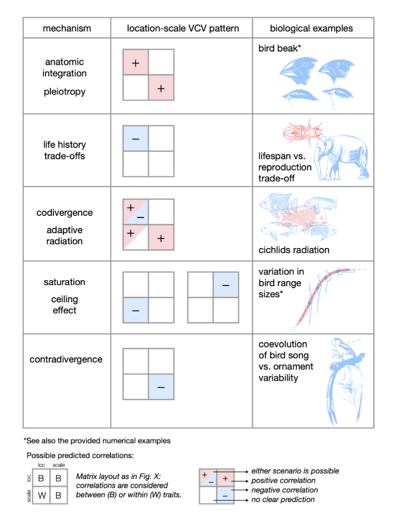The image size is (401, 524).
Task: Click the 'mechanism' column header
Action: (67, 28)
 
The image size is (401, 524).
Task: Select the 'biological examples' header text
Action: (311, 28)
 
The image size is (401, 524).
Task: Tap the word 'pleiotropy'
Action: (64, 92)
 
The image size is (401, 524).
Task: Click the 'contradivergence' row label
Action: (66, 359)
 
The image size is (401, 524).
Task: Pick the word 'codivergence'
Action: (64, 213)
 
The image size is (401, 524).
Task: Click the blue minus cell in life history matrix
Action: (136, 138)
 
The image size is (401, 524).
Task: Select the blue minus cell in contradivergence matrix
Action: (161, 387)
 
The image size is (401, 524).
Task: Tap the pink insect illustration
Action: (303, 132)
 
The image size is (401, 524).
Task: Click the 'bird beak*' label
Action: (280, 48)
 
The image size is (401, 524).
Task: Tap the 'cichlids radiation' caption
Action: (294, 250)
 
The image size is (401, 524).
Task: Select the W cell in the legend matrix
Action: (41, 495)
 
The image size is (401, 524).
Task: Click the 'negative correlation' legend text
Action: (284, 490)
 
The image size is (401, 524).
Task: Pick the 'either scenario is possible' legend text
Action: (295, 471)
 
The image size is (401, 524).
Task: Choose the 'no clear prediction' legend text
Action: (283, 499)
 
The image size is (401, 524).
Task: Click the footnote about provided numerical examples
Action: (97, 441)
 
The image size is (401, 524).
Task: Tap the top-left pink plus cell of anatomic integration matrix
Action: (136, 62)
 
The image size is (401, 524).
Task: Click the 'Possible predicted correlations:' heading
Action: (80, 456)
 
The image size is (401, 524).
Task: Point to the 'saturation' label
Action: (64, 282)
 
